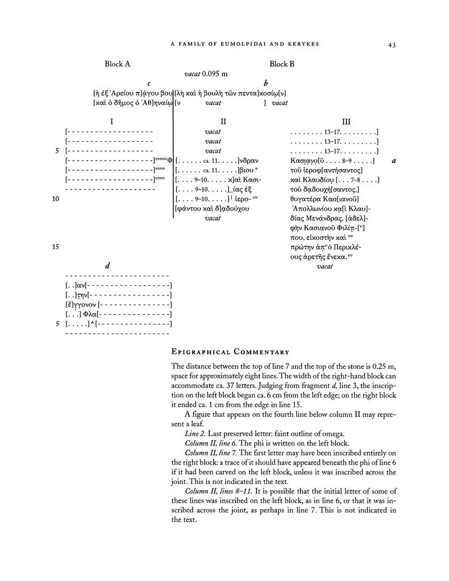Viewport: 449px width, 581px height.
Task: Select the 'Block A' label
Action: [117, 64]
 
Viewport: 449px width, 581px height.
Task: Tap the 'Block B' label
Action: [282, 64]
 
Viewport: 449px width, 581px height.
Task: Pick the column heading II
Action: [223, 121]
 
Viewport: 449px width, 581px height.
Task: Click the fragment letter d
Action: [108, 266]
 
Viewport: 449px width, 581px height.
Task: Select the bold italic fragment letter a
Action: [393, 161]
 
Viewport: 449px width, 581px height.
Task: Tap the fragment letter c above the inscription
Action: [149, 83]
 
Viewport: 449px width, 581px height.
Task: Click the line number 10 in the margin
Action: [56, 199]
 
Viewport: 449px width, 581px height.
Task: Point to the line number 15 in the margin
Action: [56, 247]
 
